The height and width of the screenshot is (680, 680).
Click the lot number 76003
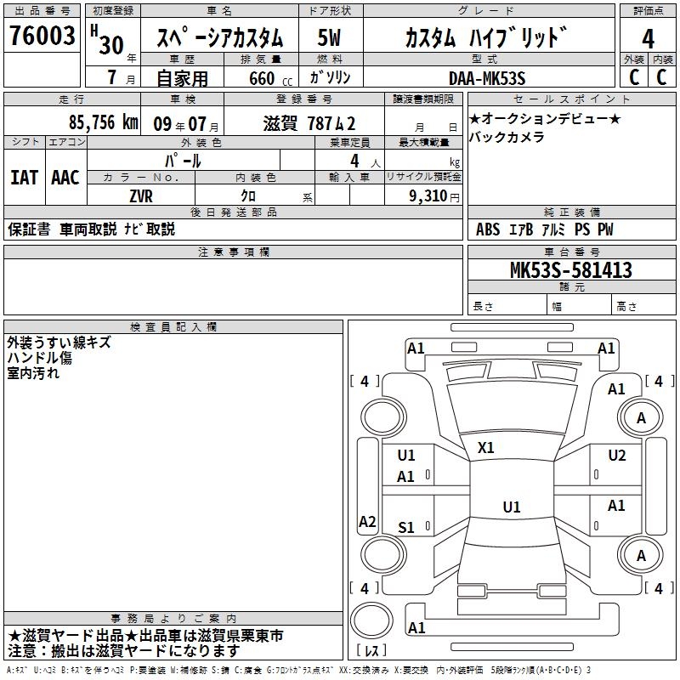[41, 37]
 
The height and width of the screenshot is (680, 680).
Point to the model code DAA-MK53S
[487, 78]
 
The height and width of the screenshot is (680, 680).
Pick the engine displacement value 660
[262, 79]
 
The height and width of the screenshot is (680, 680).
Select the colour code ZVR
[141, 195]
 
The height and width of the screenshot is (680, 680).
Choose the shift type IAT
[24, 178]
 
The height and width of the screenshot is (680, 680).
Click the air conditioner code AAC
[65, 178]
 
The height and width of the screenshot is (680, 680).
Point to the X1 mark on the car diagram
[486, 447]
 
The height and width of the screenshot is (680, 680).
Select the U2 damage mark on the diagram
[616, 455]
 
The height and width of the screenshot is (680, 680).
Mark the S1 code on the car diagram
[406, 528]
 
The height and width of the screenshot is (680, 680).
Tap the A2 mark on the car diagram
[367, 522]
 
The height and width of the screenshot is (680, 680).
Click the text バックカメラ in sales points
[507, 138]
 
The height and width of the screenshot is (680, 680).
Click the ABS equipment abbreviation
[488, 229]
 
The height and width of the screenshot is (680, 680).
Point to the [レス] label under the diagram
[371, 650]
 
